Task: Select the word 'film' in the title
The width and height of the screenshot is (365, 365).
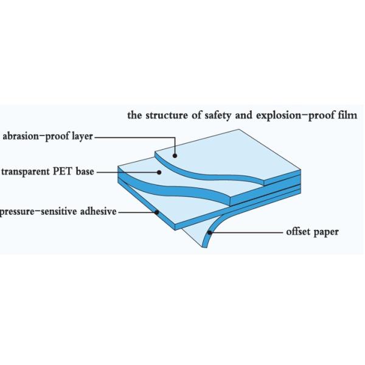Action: [349, 115]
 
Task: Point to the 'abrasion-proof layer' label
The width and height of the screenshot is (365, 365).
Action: [47, 137]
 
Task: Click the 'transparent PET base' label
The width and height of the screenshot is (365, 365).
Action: [47, 172]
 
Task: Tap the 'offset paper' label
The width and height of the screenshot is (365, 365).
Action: [312, 232]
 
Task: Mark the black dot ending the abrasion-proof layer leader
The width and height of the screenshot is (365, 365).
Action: [175, 157]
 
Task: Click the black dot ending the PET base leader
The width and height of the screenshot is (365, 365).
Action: [160, 173]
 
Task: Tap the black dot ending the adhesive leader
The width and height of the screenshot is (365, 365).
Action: [158, 213]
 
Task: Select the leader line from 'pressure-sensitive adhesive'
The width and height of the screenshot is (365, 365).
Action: [137, 213]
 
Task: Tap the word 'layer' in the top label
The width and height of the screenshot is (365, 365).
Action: [82, 137]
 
